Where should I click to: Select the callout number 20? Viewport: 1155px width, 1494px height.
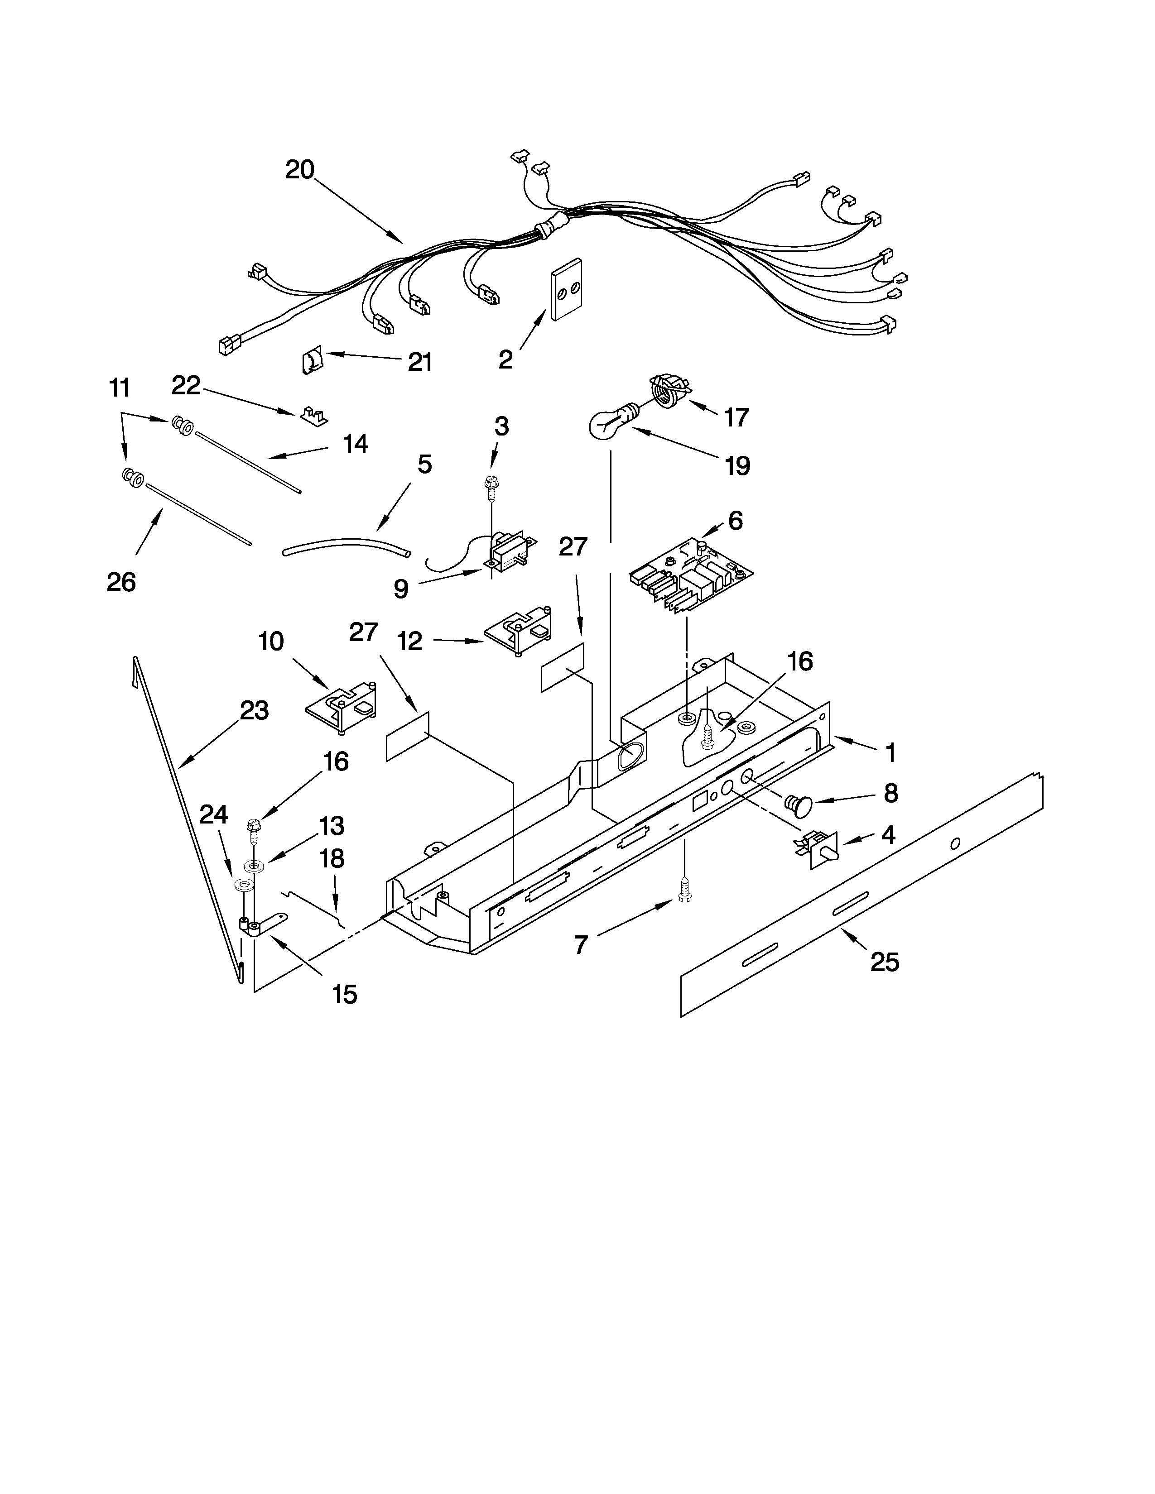(x=300, y=170)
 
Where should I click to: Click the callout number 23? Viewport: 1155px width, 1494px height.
(x=254, y=711)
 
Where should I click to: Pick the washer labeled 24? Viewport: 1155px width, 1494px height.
(x=241, y=885)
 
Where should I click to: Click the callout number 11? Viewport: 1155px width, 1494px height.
(x=119, y=388)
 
